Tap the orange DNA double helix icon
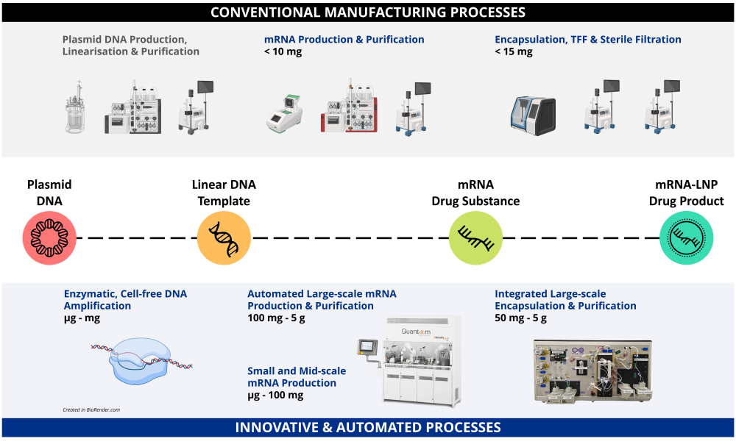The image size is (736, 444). coord(224,237)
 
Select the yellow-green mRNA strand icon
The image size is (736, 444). coord(476,237)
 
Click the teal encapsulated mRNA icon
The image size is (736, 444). coord(686,237)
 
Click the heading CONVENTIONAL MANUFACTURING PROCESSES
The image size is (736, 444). coord(367,12)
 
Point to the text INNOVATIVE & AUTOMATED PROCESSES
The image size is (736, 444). coord(367,427)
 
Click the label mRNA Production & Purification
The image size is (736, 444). coord(344,40)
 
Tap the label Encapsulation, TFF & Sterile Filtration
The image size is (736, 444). coord(587,40)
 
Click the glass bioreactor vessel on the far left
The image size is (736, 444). coord(75,111)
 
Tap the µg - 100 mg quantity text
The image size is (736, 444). coord(275,395)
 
